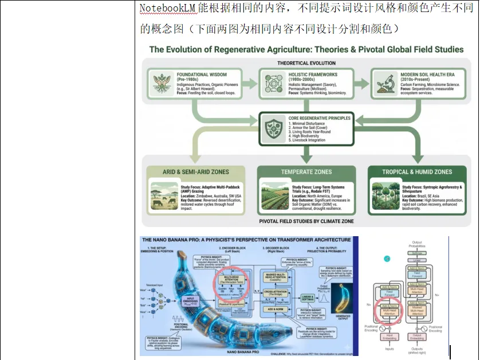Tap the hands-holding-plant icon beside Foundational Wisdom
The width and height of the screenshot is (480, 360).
pyautogui.click(x=162, y=84)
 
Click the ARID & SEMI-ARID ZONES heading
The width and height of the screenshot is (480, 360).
pyautogui.click(x=187, y=171)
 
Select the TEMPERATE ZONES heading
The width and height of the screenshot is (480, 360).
pyautogui.click(x=306, y=171)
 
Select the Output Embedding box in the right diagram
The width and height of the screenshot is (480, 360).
pyautogui.click(x=417, y=336)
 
